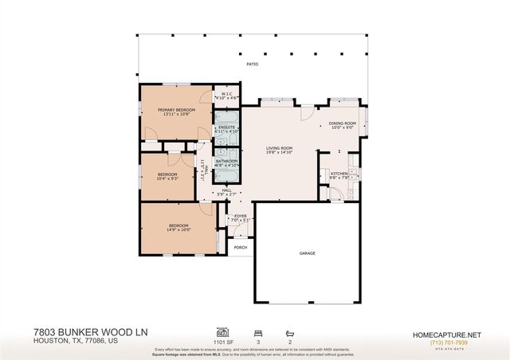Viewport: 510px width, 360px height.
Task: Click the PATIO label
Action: pyautogui.click(x=252, y=65)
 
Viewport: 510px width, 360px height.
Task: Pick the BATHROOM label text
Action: pyautogui.click(x=227, y=160)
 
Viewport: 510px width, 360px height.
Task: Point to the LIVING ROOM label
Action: pyautogui.click(x=280, y=148)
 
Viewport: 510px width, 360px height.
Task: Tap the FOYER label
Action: pyautogui.click(x=240, y=216)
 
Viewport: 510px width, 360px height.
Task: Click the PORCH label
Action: pyautogui.click(x=240, y=247)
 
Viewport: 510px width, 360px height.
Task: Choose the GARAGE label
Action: pyautogui.click(x=308, y=252)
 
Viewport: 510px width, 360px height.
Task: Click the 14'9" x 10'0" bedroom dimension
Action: pyautogui.click(x=180, y=230)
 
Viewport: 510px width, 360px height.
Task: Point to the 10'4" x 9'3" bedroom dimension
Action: pyautogui.click(x=167, y=178)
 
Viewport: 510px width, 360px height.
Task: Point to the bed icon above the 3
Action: pyautogui.click(x=257, y=331)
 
